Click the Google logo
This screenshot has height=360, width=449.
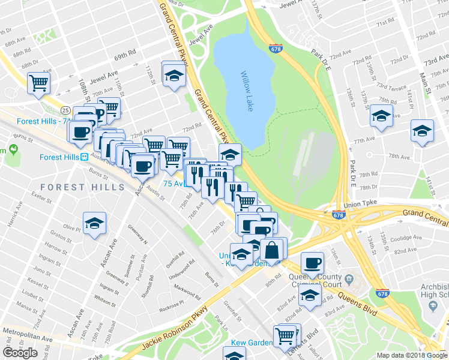point(20,352)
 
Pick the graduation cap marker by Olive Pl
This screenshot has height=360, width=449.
point(94,224)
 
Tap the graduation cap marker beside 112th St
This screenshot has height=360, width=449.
point(174,74)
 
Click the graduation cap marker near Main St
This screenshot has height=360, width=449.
point(422,131)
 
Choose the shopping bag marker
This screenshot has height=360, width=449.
point(272,249)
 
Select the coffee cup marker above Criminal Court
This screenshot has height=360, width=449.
point(312,263)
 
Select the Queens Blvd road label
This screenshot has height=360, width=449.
point(357,304)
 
